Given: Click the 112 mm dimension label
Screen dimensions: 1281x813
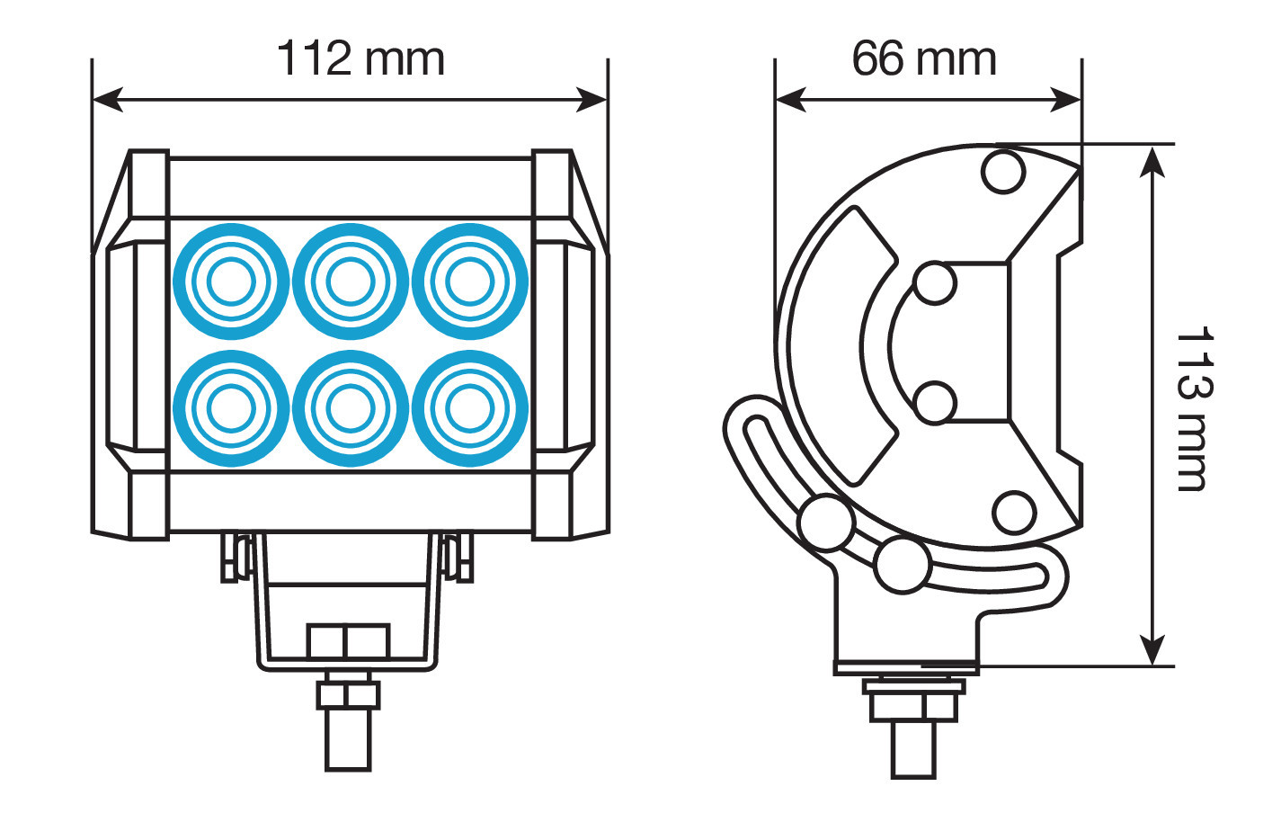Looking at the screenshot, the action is pos(360,58).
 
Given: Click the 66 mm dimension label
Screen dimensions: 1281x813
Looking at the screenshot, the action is pos(924,58).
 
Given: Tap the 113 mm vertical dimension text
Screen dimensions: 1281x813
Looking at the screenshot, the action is pos(1194,408).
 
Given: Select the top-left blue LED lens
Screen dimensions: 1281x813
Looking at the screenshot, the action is pos(231,281).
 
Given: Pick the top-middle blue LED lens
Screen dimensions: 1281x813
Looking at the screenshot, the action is pos(351,281).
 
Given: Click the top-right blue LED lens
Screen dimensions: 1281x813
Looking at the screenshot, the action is pos(470,281).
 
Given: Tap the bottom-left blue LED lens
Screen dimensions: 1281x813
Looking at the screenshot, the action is pos(231,408).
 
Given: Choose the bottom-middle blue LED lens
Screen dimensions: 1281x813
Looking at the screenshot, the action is pos(351,408).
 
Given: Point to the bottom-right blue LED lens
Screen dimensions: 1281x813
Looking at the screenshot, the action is pos(470,408).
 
